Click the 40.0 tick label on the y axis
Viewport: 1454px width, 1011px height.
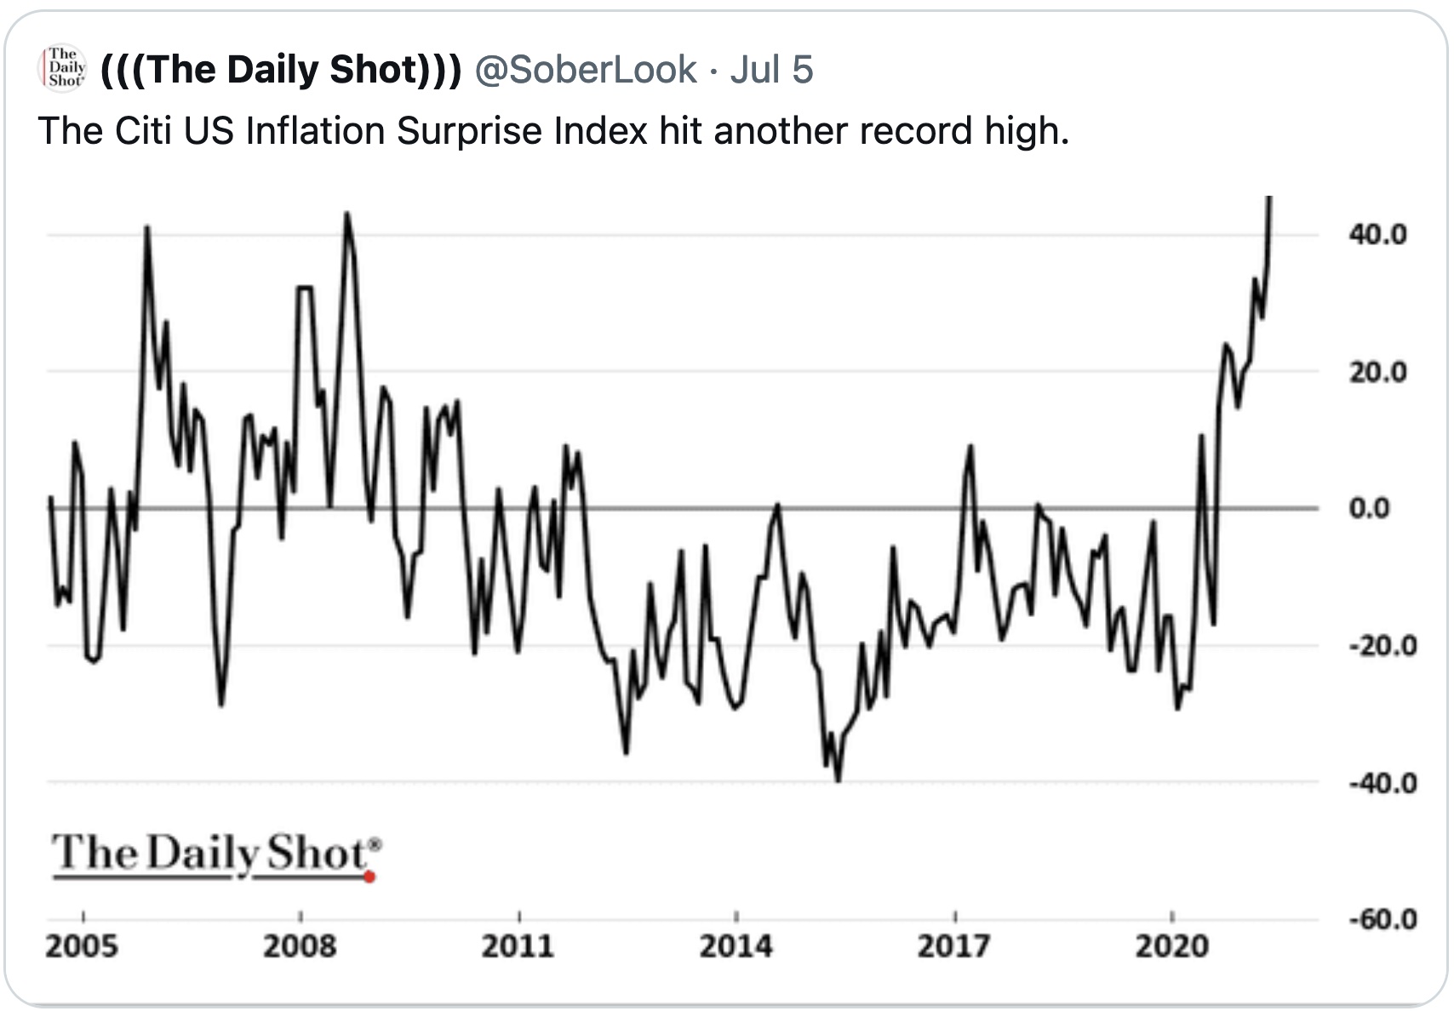point(1377,235)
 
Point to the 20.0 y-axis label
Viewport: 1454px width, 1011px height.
point(1377,372)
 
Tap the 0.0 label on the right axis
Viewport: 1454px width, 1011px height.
point(1369,509)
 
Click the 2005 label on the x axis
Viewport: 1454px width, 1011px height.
point(82,946)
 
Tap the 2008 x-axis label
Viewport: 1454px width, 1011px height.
point(300,946)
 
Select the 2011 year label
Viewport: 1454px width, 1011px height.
point(518,946)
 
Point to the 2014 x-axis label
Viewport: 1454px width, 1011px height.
point(736,946)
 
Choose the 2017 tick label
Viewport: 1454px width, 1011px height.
point(953,946)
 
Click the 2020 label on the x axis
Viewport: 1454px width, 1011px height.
point(1171,946)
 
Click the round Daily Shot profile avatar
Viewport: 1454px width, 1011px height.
point(63,68)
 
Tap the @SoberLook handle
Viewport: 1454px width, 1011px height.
point(585,70)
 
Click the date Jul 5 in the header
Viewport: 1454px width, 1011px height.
point(771,70)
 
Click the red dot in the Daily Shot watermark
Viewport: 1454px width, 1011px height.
point(369,877)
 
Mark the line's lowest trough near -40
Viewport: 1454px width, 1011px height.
point(839,780)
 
